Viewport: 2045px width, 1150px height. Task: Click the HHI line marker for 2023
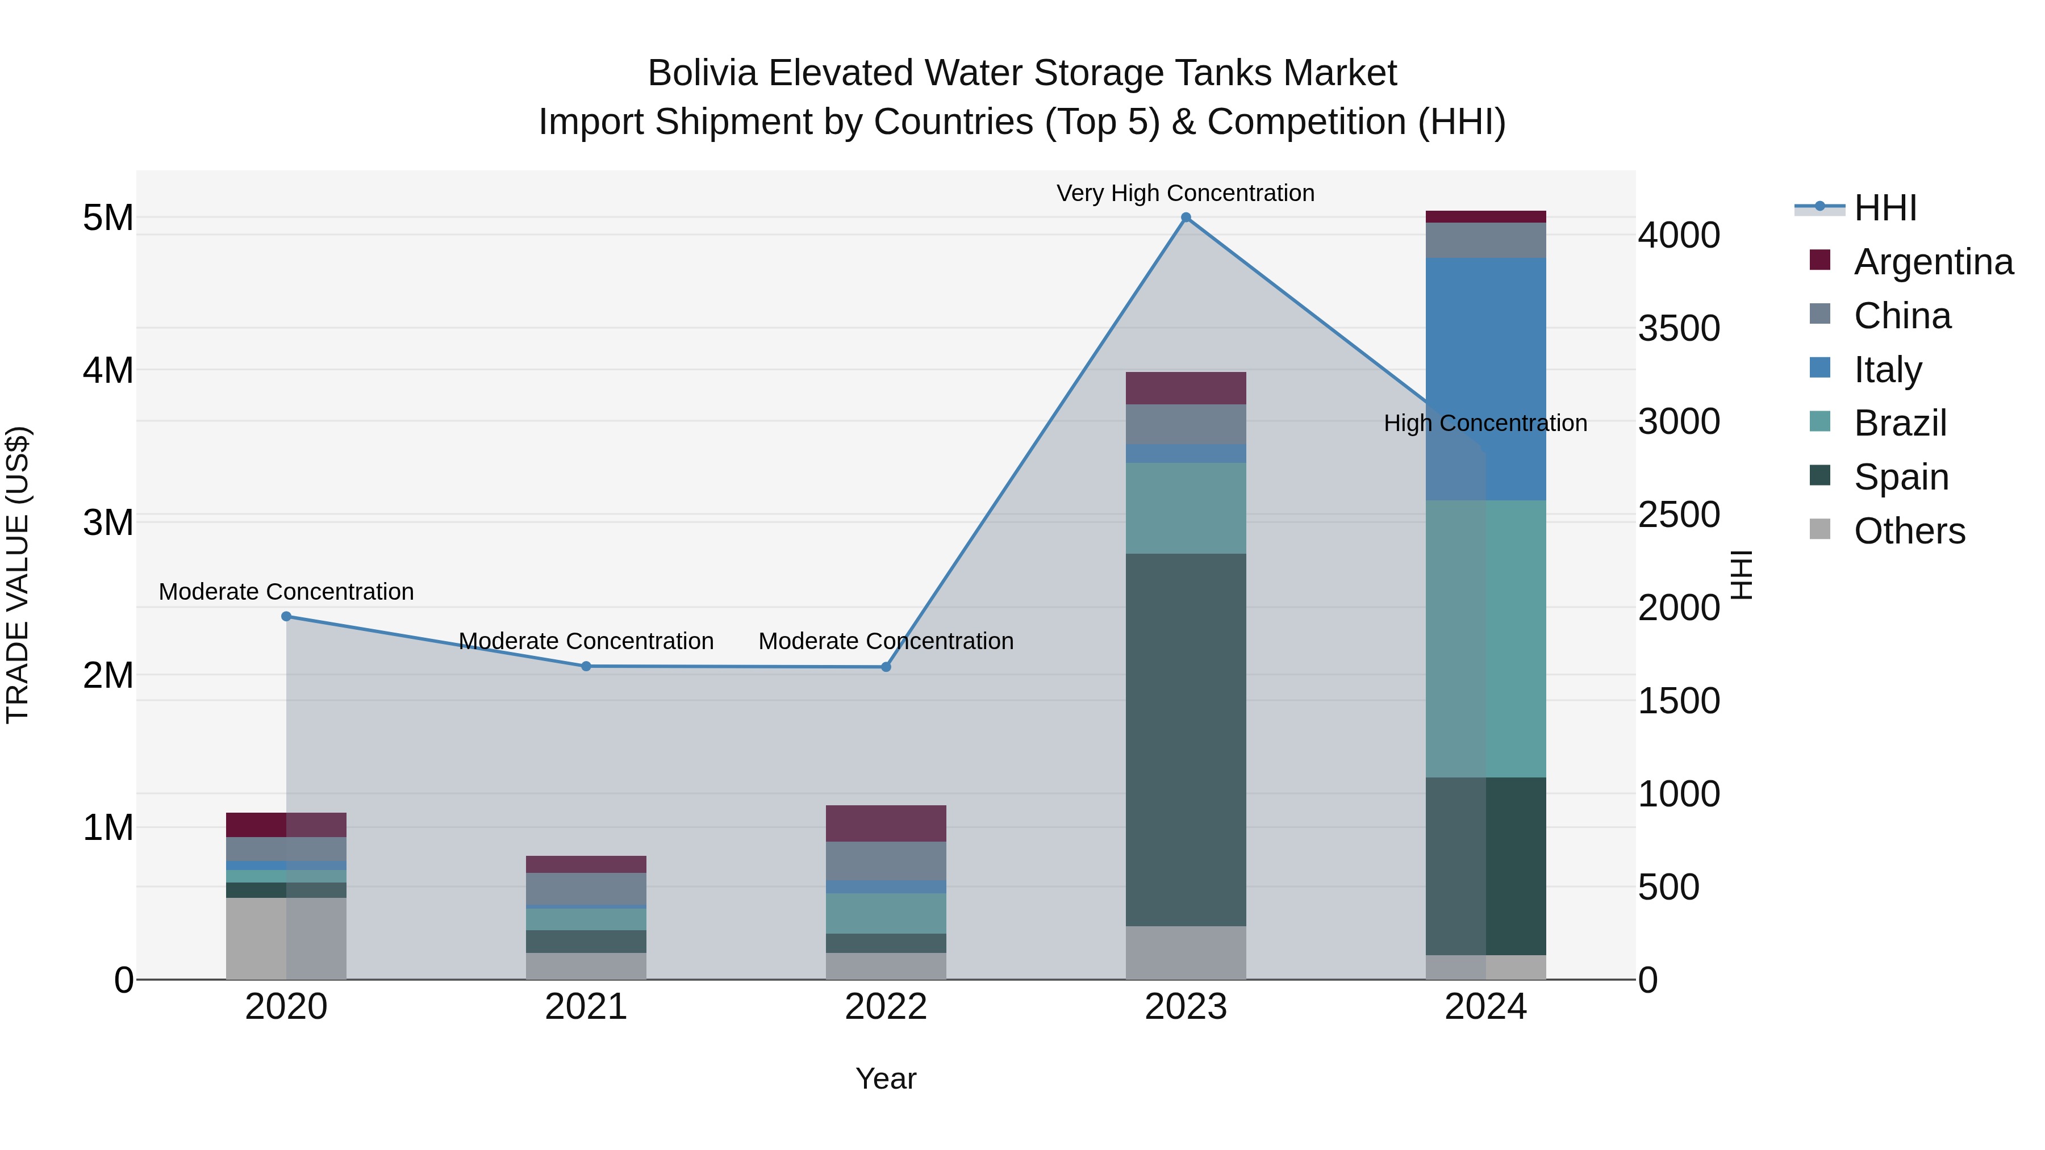tap(1186, 218)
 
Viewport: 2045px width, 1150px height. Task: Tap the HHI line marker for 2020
tap(287, 617)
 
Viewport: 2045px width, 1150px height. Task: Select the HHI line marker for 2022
tap(886, 667)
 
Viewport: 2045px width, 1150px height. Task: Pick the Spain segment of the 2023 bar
tap(1186, 739)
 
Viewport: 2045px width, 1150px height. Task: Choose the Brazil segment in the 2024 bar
tap(1485, 639)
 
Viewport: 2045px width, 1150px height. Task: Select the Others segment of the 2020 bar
tap(287, 939)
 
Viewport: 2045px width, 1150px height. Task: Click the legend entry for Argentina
tap(1933, 262)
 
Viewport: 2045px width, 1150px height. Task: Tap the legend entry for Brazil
tap(1899, 423)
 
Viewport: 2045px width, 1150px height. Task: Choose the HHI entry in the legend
tap(1885, 208)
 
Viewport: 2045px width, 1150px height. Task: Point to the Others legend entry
tap(1909, 531)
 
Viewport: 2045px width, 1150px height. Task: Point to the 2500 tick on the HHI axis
tap(1678, 515)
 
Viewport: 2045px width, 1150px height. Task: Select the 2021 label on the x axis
tap(586, 1007)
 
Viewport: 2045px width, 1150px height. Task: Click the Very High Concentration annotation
tap(1185, 193)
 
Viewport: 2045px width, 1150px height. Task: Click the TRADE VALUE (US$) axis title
tap(18, 575)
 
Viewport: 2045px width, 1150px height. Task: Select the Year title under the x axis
tap(886, 1078)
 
